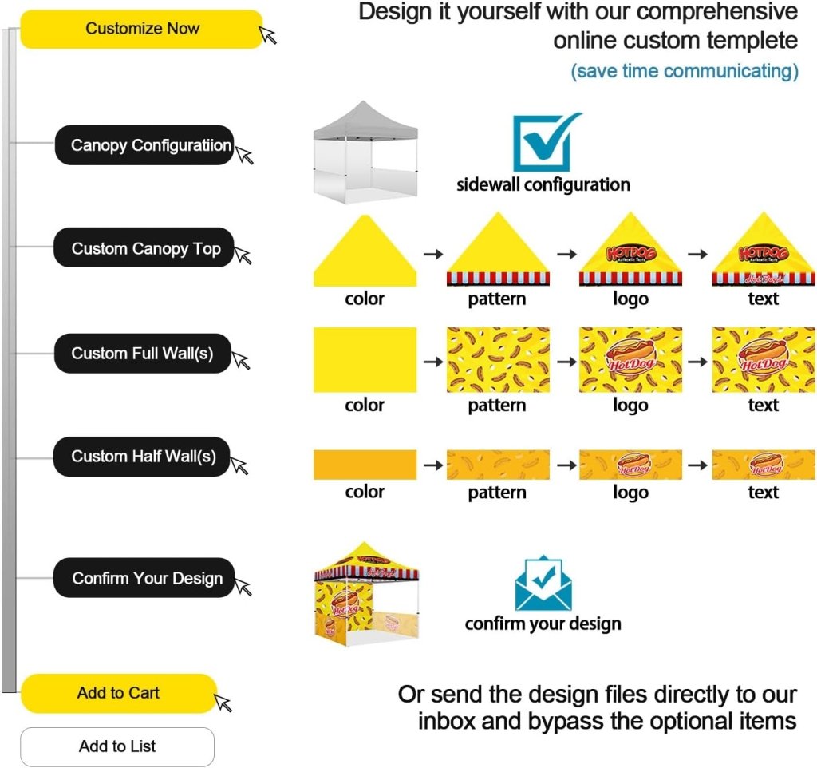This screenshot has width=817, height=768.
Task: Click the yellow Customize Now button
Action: (x=142, y=29)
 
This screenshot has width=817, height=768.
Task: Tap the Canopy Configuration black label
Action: (x=144, y=145)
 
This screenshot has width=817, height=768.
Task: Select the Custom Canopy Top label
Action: (x=144, y=248)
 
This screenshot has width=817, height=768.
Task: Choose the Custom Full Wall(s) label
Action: (x=143, y=353)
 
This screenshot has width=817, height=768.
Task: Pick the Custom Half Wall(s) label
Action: (x=142, y=457)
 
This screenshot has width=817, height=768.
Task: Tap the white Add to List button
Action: (x=117, y=746)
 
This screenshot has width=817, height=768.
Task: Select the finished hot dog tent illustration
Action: (x=366, y=592)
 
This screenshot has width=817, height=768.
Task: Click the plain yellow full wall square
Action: (x=365, y=359)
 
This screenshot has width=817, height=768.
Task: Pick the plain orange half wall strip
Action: (x=365, y=465)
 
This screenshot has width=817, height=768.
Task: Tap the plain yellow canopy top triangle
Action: (x=365, y=254)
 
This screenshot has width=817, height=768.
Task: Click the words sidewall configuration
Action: (x=543, y=185)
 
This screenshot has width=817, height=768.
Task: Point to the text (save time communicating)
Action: (x=684, y=71)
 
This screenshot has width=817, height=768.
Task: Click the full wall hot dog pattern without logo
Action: (x=497, y=359)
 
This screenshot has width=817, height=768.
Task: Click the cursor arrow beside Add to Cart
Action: (x=223, y=703)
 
